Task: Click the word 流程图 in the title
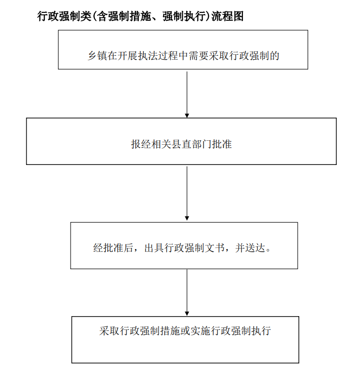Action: pos(228,16)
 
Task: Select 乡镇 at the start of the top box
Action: pos(97,56)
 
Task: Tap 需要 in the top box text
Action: pos(199,56)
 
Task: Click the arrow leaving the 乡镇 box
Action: pos(187,94)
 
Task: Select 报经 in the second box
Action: pos(141,144)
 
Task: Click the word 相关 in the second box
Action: pos(161,144)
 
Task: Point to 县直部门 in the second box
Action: pos(192,144)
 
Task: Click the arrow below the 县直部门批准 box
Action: pos(187,193)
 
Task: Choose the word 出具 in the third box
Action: pos(154,248)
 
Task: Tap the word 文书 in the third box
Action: pos(215,248)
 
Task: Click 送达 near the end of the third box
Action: pos(255,248)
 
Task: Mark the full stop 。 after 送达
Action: pos(268,250)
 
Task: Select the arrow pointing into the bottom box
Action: pos(187,293)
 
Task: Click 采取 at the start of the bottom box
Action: pos(109,331)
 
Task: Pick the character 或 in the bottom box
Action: pos(185,331)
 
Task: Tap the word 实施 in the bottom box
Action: pos(200,331)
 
